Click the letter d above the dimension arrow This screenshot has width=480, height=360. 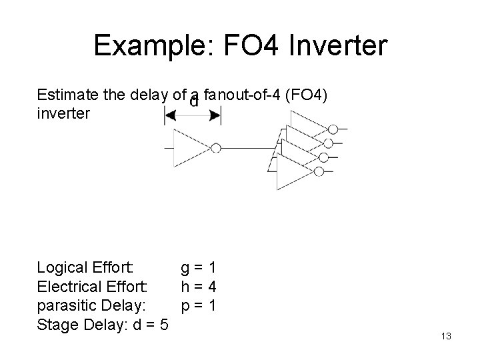click(193, 102)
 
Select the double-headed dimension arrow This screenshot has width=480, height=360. click(192, 116)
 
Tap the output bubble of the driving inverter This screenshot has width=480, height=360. click(217, 148)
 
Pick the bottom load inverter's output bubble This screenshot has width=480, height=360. click(319, 171)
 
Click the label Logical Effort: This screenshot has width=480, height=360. click(86, 269)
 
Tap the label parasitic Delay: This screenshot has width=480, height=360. click(89, 306)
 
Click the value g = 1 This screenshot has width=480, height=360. click(199, 269)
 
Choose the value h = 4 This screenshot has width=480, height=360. click(199, 287)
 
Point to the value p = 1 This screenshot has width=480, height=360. click(199, 306)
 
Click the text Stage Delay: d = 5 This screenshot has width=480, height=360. click(103, 325)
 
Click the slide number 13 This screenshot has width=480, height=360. click(446, 337)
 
